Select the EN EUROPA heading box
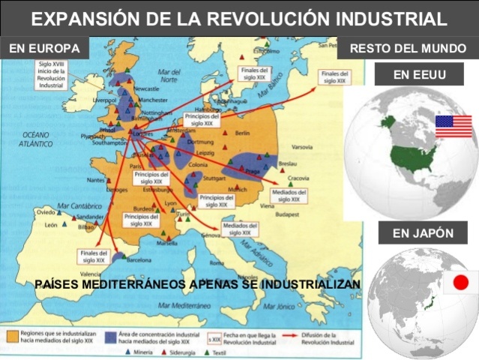coord(44,49)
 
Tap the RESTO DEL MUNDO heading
coord(408,49)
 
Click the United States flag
coord(454,126)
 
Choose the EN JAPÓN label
coord(423,233)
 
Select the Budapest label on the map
coord(286,214)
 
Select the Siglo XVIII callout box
coord(52,76)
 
